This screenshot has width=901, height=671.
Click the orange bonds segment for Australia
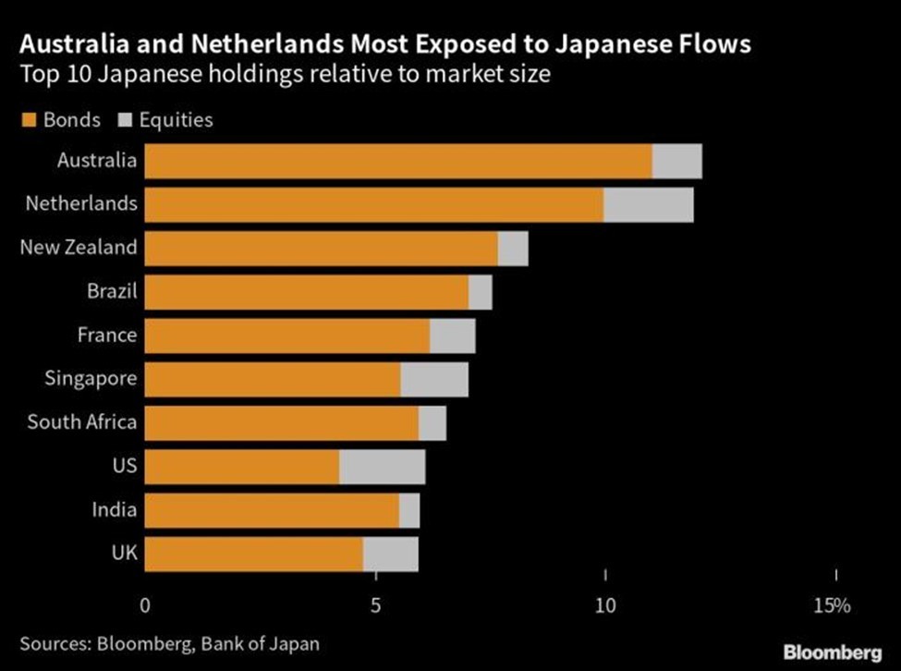tap(398, 161)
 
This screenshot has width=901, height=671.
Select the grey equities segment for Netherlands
tap(648, 204)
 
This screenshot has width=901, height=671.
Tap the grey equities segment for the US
tap(382, 466)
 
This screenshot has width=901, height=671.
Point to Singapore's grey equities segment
tap(433, 379)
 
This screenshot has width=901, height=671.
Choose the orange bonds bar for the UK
tap(254, 554)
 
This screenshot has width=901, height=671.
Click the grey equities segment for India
tap(409, 509)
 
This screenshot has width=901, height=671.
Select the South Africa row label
tap(82, 422)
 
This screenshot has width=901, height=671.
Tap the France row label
tap(107, 335)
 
